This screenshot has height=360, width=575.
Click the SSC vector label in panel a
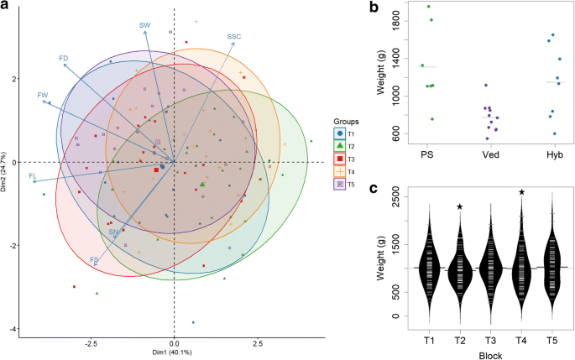pos(234,36)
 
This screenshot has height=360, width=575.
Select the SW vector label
pos(144,25)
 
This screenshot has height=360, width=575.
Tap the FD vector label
pos(63,58)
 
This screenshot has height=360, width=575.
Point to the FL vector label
pos(32,176)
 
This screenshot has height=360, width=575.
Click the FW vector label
pos(43,96)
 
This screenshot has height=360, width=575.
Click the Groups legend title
pos(346,121)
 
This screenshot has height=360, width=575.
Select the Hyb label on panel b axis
pos(551,155)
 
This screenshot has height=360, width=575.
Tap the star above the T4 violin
pos(522,192)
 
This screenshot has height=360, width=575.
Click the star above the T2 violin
pos(460,206)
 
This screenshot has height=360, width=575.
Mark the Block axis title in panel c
pos(491,355)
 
